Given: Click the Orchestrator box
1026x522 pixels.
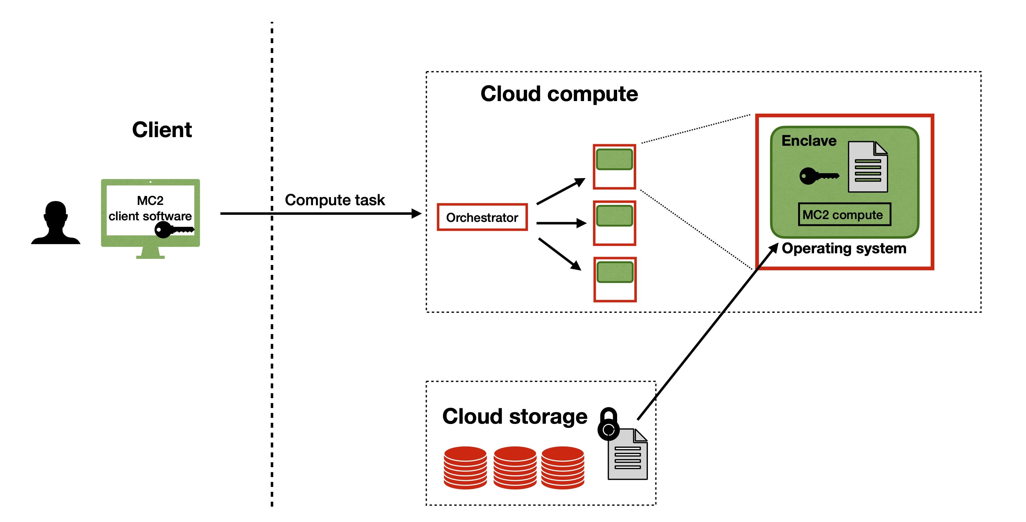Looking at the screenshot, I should coord(482,217).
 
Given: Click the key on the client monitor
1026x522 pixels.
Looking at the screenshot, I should coord(173,230).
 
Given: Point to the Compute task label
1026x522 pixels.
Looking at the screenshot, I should coord(335,200).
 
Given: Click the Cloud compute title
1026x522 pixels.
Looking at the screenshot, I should coord(559,94).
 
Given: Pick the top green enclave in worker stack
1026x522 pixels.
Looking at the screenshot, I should coord(614,159).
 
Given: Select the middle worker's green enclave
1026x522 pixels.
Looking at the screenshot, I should coord(614,216).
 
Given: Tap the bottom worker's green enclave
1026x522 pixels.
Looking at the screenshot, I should coord(615,272).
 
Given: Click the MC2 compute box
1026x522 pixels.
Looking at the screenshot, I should coord(844,215).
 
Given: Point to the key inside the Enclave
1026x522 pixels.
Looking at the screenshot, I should coord(818,176).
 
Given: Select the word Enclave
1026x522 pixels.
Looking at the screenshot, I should coord(809,141).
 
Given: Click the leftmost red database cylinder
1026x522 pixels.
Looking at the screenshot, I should coord(465,467).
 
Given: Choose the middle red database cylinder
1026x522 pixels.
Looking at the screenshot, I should coord(515,467).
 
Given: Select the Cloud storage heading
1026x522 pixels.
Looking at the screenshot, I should coord(515,417).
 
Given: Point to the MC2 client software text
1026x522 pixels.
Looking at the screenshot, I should coord(150,208).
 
